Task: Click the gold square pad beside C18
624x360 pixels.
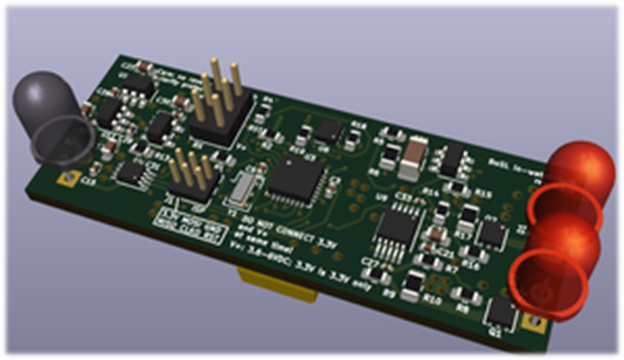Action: (65, 177)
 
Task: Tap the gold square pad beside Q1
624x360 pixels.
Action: (535, 322)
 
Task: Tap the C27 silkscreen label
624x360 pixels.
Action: (369, 262)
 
